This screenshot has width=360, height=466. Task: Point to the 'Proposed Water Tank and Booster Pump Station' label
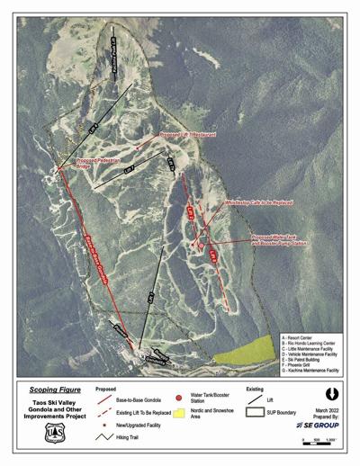[x=280, y=241]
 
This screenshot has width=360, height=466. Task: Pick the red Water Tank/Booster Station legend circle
[x=181, y=398]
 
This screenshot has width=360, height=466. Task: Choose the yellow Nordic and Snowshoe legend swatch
[x=181, y=417]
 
